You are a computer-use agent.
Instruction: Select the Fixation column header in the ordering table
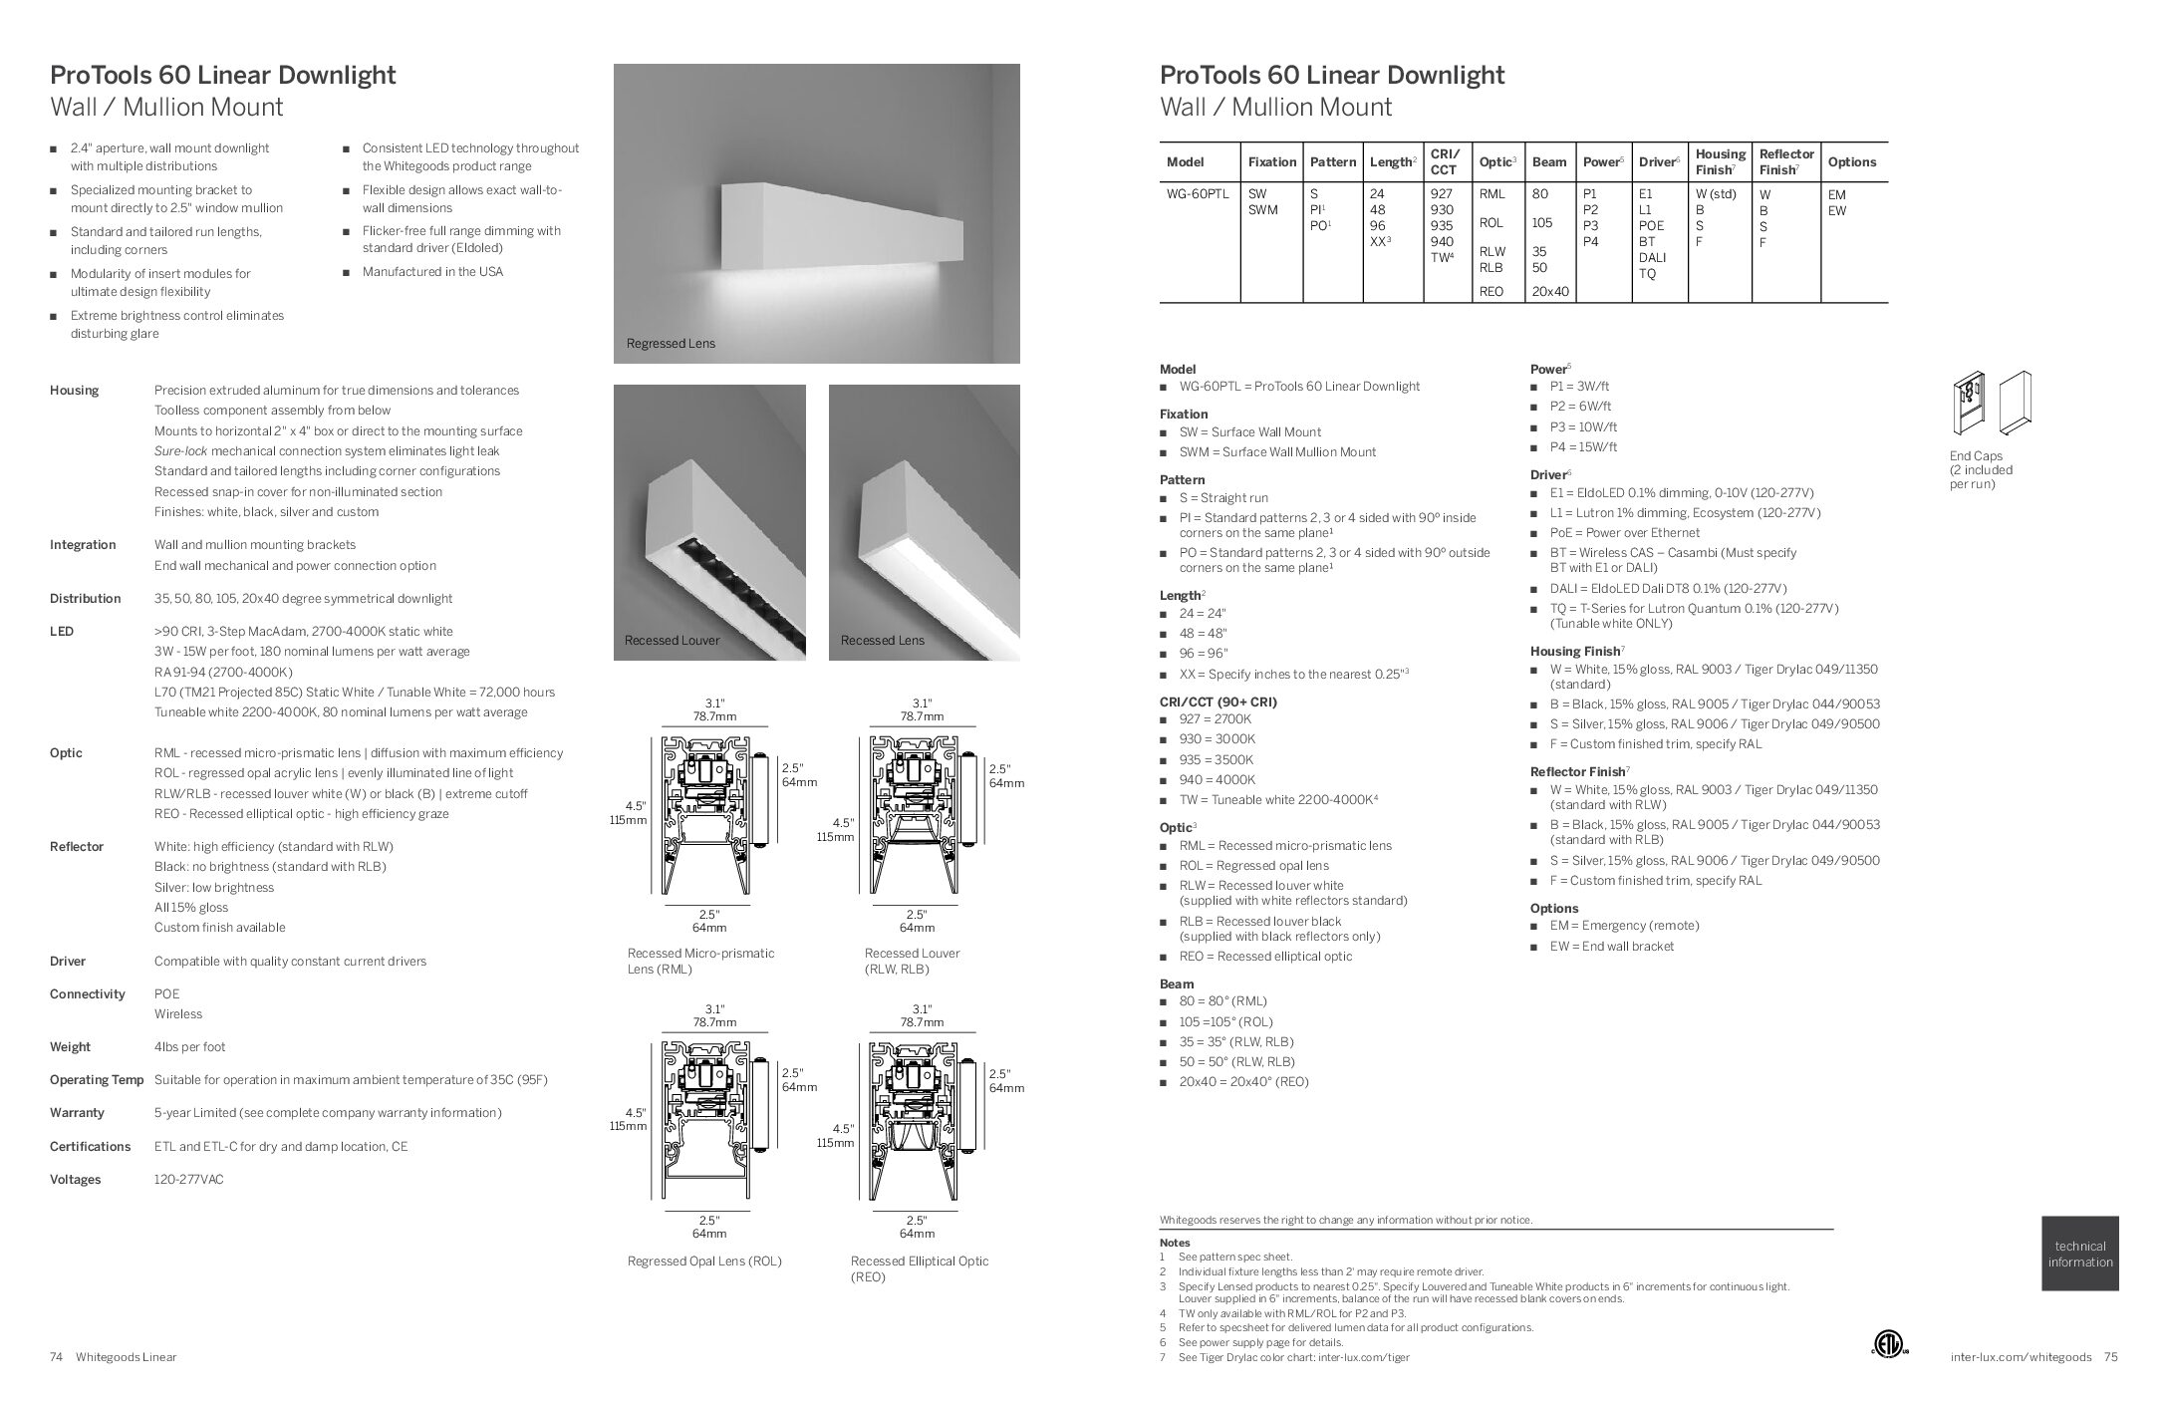click(x=1271, y=161)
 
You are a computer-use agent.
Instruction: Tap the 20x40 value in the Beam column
click(x=1549, y=291)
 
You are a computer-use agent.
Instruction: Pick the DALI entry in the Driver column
click(x=1652, y=257)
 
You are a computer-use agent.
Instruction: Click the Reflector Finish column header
click(x=1785, y=161)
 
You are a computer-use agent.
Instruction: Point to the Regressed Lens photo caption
click(x=671, y=344)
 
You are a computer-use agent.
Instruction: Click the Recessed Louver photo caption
click(x=672, y=641)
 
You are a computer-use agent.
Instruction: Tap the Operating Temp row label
click(x=97, y=1080)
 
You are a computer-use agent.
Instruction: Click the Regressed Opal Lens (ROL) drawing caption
click(x=704, y=1262)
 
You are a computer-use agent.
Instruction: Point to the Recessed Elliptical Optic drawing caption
click(x=919, y=1268)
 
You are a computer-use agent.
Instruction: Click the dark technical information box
click(x=2079, y=1254)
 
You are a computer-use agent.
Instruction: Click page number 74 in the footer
click(x=57, y=1357)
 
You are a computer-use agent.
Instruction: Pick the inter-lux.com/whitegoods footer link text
click(x=2024, y=1357)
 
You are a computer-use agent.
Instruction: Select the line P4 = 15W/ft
click(x=1582, y=447)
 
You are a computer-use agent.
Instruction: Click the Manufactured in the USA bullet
click(x=432, y=272)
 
